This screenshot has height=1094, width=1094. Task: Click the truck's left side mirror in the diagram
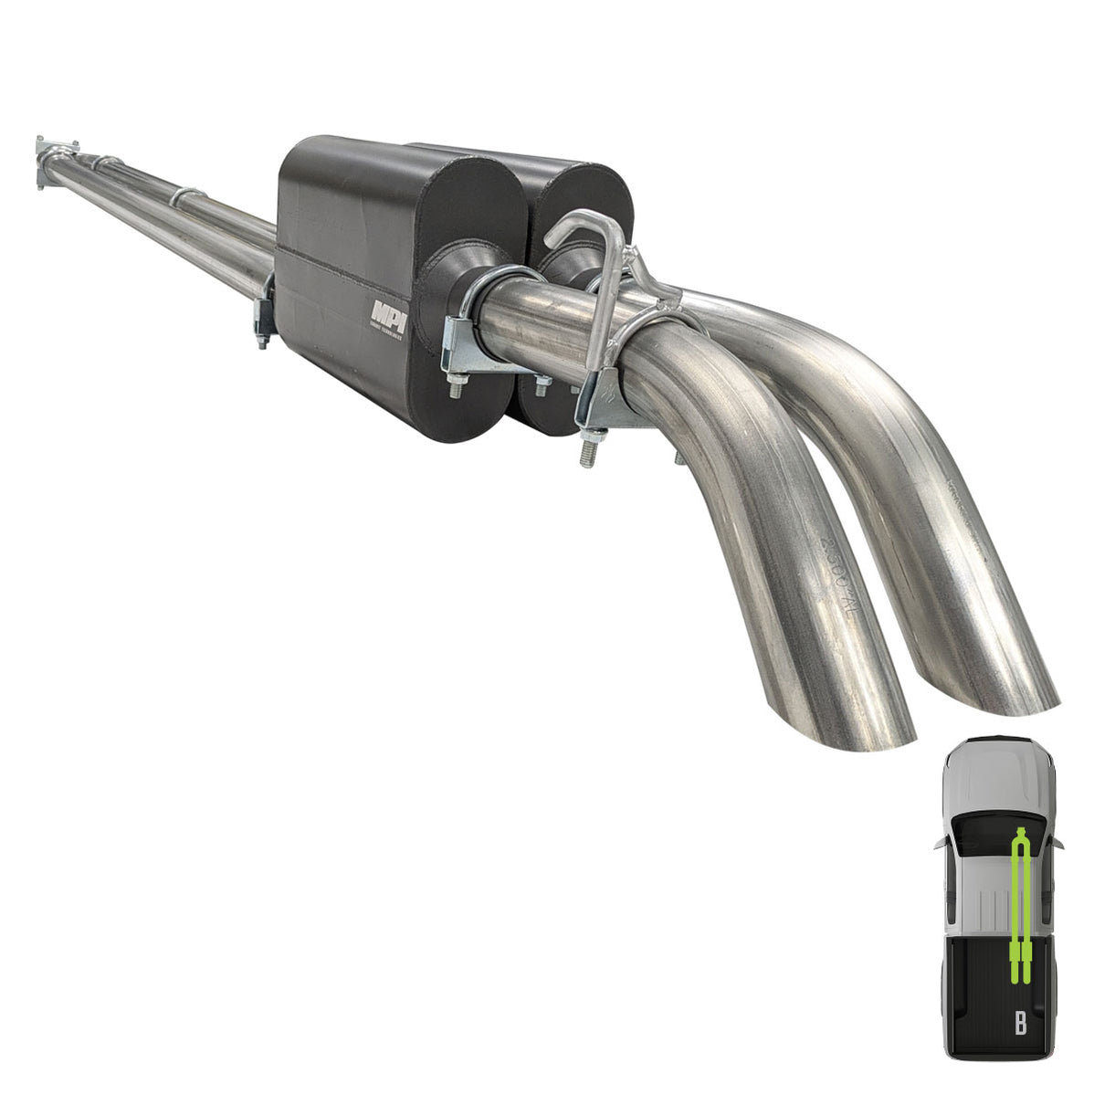(940, 844)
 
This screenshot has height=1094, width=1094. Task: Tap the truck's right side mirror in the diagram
(1059, 844)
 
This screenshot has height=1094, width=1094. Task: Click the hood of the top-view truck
(998, 773)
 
